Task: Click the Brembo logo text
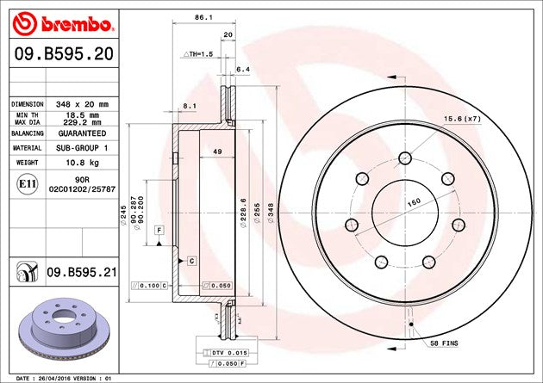click(x=77, y=24)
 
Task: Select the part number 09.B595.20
click(x=64, y=54)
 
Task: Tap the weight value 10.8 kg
click(x=82, y=163)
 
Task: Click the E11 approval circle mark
click(x=27, y=183)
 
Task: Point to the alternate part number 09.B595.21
click(x=82, y=272)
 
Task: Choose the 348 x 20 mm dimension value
click(x=82, y=104)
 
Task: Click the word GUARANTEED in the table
click(x=82, y=133)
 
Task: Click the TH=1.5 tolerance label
click(x=197, y=54)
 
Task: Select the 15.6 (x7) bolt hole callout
click(x=462, y=119)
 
